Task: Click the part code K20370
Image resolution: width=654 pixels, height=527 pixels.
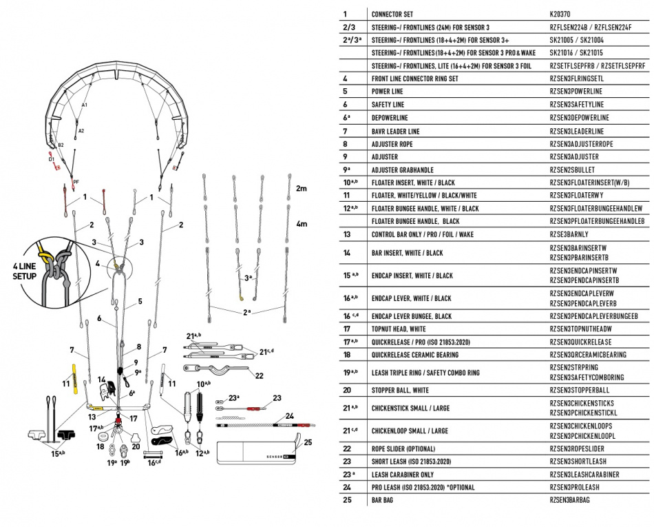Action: pos(560,14)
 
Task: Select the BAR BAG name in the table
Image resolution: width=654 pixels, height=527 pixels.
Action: pos(383,499)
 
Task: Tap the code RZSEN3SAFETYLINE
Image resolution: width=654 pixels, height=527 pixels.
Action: pos(576,105)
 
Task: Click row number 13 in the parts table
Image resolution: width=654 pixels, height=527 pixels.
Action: pos(346,234)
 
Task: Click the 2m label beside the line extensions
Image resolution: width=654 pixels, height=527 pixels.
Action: pos(301,188)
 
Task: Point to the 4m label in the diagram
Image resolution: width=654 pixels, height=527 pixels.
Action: pos(301,225)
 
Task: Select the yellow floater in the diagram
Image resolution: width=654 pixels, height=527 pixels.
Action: pos(72,376)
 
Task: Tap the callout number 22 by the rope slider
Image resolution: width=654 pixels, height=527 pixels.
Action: pos(259,375)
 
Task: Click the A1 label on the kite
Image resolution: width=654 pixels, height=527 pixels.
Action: pos(85,105)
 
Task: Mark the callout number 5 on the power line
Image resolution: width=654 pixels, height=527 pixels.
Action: pos(140,301)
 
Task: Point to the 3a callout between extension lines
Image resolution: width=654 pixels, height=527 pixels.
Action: pos(249,278)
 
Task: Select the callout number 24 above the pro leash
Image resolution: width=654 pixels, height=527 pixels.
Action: pos(289,415)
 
